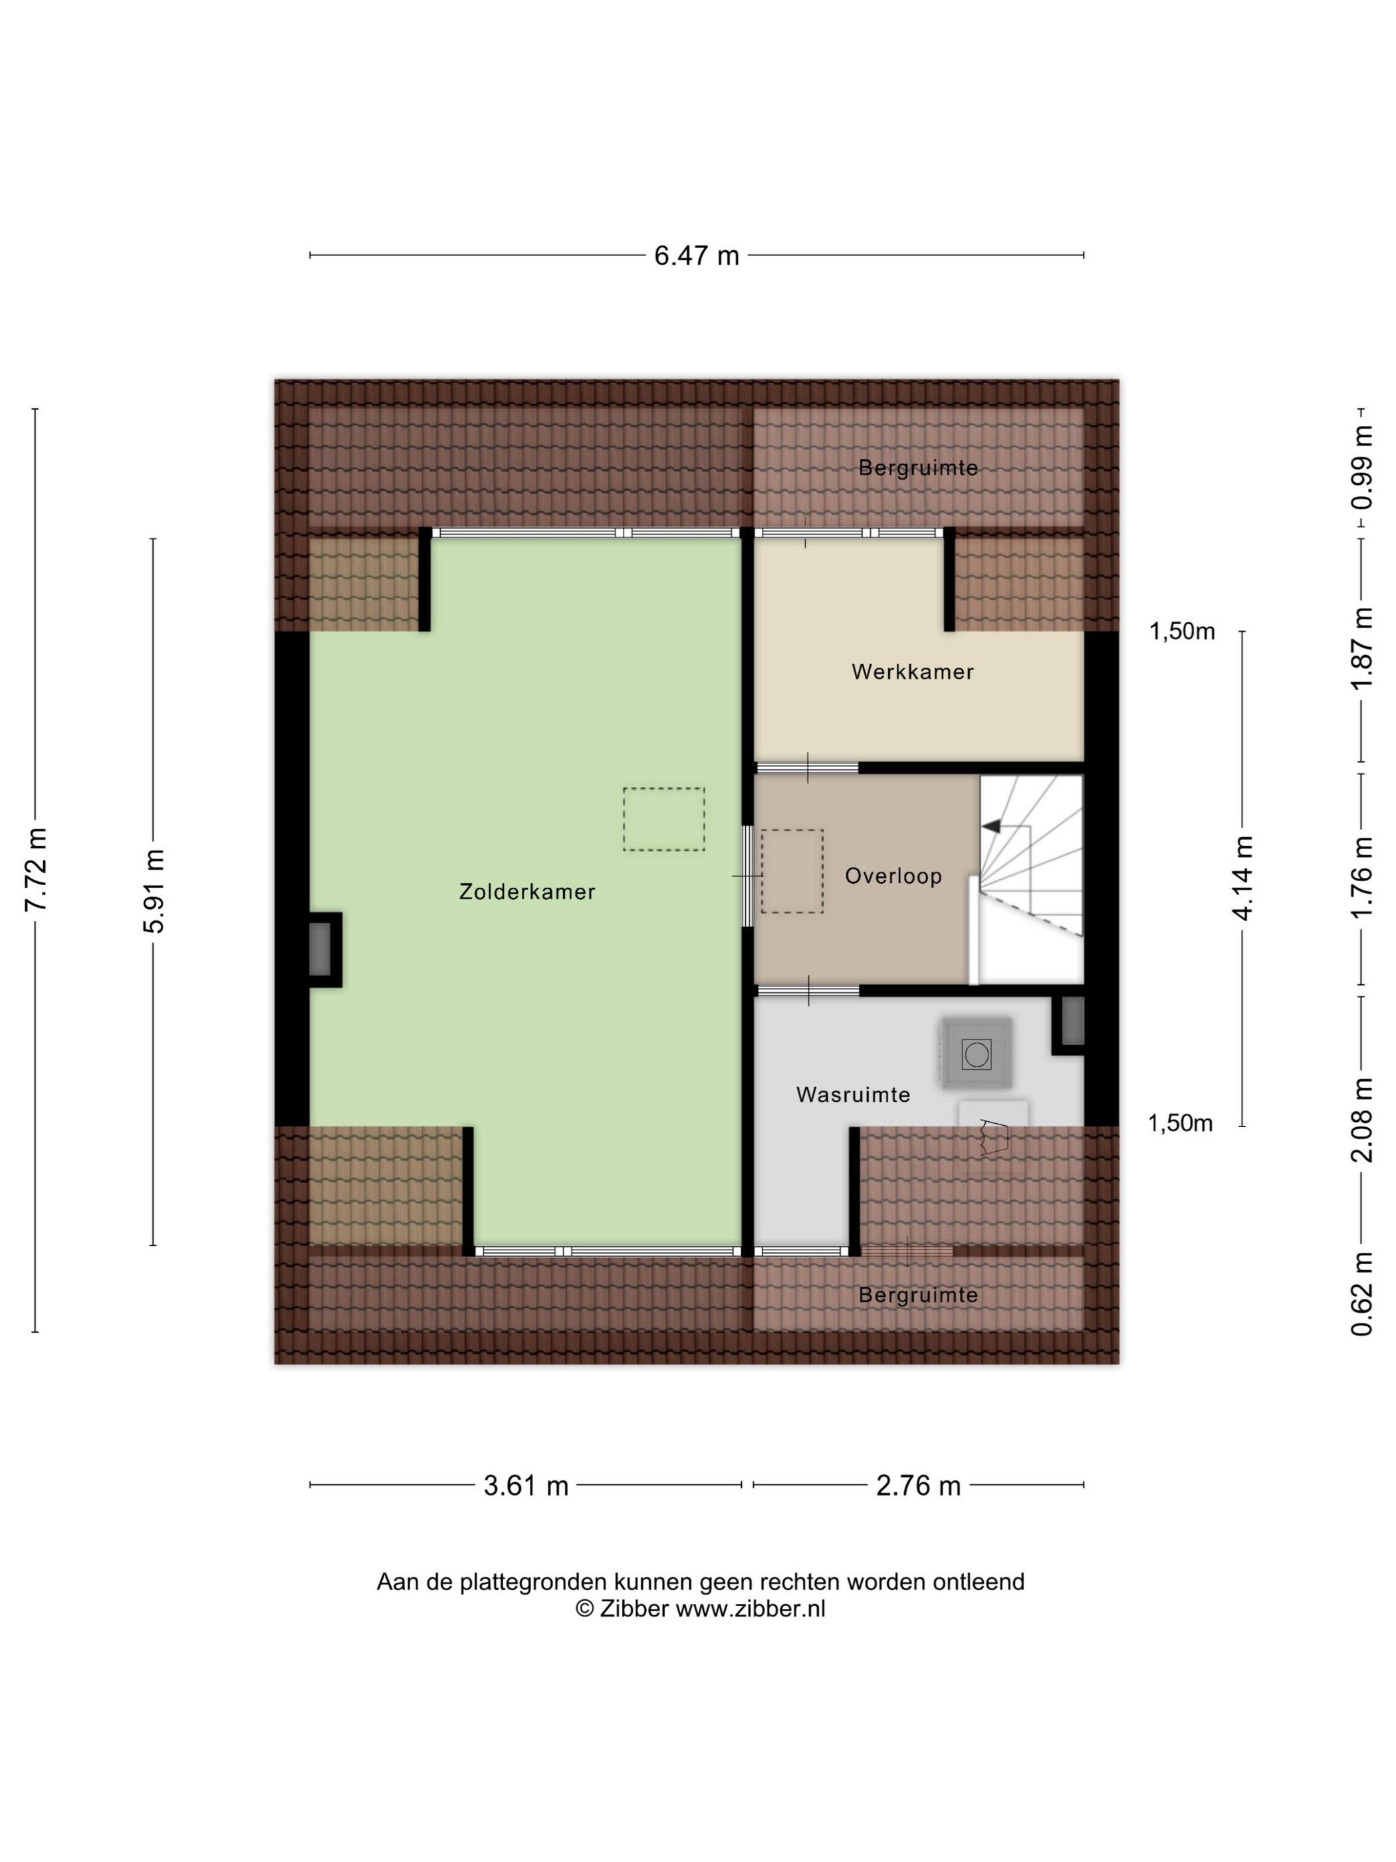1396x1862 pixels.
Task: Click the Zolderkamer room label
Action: point(526,892)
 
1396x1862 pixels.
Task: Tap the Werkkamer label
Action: point(912,672)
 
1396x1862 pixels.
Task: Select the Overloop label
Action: point(893,876)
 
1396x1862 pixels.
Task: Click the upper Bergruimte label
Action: point(918,468)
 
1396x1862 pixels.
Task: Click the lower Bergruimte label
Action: point(918,1295)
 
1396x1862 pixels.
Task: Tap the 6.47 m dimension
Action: point(696,255)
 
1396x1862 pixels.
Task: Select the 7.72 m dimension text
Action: point(36,870)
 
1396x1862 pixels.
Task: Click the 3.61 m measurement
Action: point(526,1486)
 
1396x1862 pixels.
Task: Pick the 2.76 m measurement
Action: point(918,1486)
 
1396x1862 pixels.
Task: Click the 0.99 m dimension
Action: point(1361,468)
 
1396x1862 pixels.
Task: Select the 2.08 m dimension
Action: point(1361,1121)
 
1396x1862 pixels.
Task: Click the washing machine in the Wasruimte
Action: point(976,1053)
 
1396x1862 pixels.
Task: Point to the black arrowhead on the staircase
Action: point(991,827)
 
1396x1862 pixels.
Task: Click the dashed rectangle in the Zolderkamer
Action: point(664,819)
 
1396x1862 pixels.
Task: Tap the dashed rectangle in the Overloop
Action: point(792,871)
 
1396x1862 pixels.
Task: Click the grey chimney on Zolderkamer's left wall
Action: point(320,950)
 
